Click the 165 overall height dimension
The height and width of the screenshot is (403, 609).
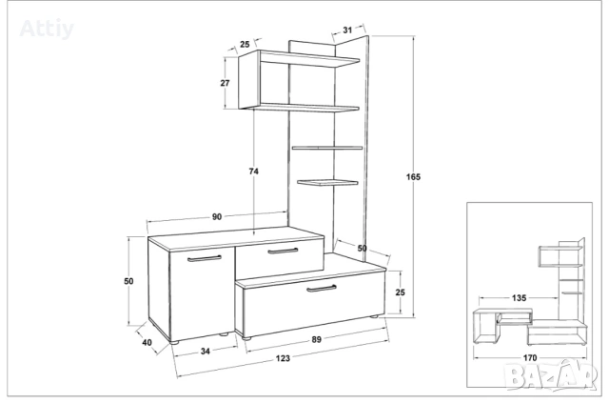(x=413, y=176)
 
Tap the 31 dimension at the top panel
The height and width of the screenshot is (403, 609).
(x=347, y=30)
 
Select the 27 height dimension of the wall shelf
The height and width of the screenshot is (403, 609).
(x=225, y=83)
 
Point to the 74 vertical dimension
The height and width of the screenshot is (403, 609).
(x=254, y=171)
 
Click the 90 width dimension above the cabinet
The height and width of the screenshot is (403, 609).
(x=217, y=216)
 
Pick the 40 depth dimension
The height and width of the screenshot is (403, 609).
(x=147, y=343)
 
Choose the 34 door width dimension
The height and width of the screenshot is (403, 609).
(x=206, y=351)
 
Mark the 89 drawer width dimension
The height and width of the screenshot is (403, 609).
(x=317, y=339)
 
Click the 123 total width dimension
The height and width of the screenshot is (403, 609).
(x=283, y=358)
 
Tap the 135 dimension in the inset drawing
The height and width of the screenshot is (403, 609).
(x=519, y=298)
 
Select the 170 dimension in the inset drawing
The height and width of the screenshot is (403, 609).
(x=530, y=357)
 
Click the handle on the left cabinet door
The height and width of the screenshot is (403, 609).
(x=205, y=258)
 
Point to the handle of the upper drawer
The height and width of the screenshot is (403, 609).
(x=284, y=251)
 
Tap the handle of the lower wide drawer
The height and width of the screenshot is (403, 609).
(x=322, y=289)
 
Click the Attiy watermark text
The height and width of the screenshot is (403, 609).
(x=47, y=29)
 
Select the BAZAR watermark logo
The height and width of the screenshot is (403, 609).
(x=550, y=374)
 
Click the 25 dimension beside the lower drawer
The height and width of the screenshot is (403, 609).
(x=400, y=292)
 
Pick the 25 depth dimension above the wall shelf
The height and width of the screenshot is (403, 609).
(x=245, y=44)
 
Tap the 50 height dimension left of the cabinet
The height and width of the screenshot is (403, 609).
(x=128, y=280)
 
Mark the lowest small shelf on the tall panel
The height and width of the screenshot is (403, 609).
(x=327, y=182)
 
